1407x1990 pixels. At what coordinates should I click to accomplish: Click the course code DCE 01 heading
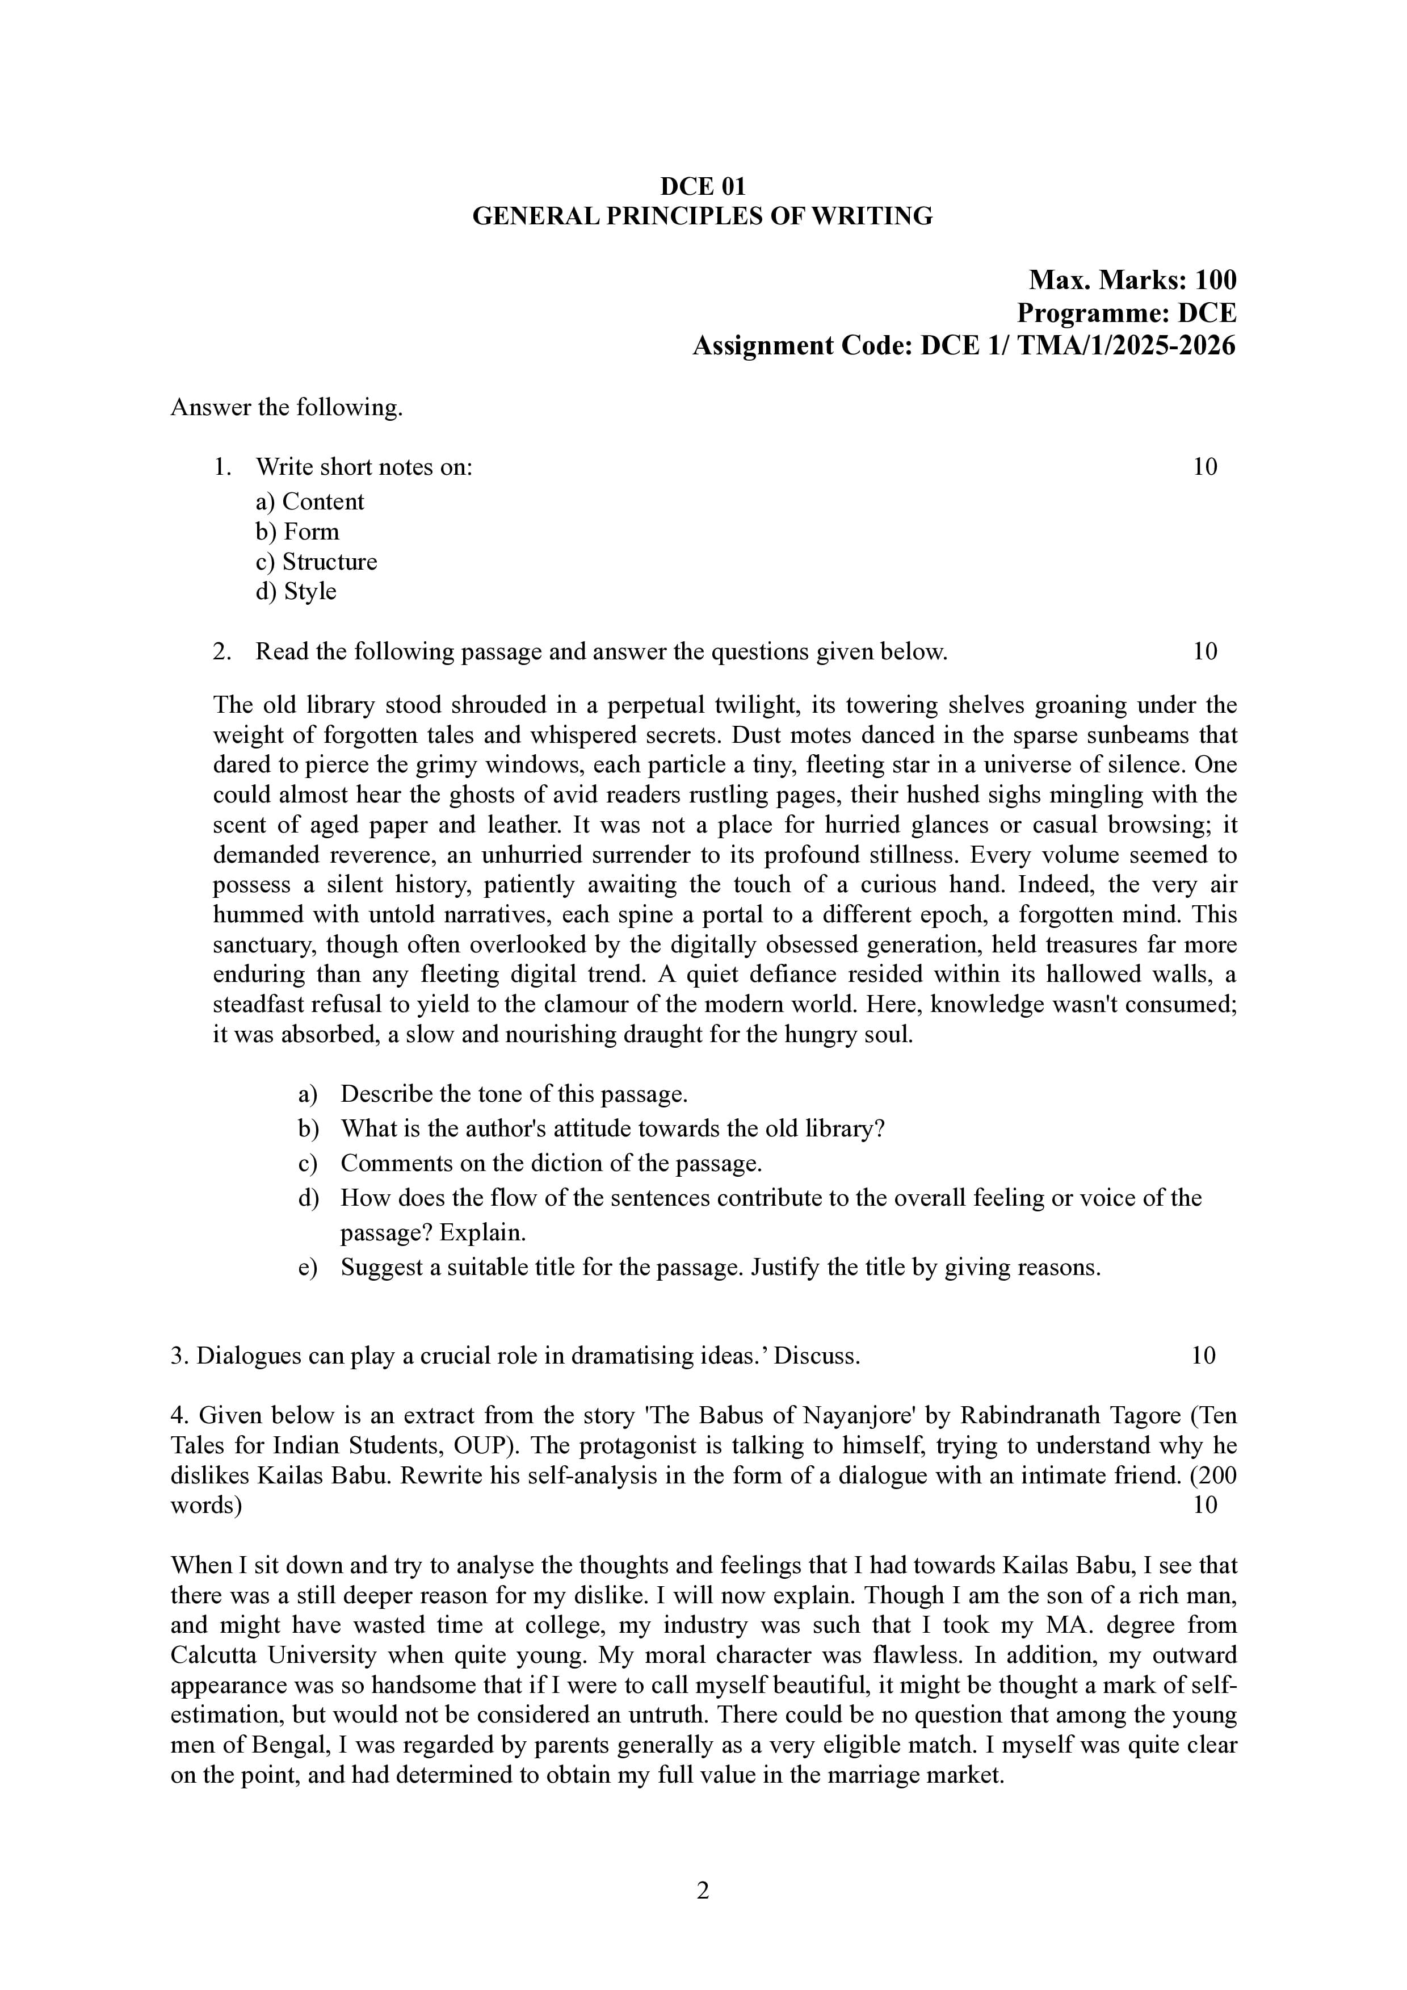[703, 186]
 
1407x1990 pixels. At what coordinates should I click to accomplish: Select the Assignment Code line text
[963, 346]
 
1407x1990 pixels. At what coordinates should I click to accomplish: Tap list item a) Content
[310, 502]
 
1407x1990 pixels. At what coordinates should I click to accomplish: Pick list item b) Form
[297, 532]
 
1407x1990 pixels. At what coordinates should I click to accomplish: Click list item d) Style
[296, 591]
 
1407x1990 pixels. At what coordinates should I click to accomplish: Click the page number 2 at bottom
[703, 1890]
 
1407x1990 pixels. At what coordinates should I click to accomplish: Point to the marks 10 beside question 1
[1204, 467]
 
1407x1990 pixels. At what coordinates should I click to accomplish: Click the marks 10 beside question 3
[1203, 1356]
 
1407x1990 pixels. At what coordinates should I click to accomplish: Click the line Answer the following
[286, 407]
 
